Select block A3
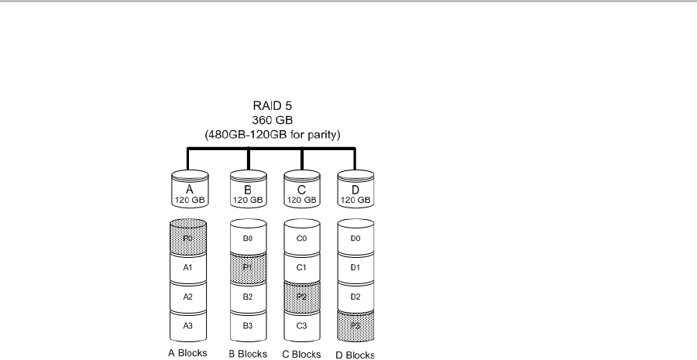[187, 326]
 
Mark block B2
[248, 297]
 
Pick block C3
[301, 326]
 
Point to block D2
[355, 297]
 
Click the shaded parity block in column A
[187, 238]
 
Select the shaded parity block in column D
[355, 326]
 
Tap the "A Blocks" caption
[187, 355]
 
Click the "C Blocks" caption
[301, 355]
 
